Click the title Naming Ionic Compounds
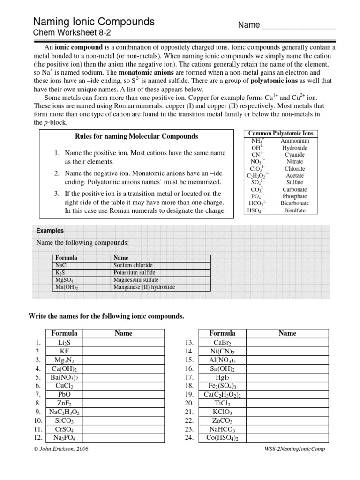pyautogui.click(x=93, y=22)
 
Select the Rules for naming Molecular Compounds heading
pyautogui.click(x=136, y=136)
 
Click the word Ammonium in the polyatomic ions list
pyautogui.click(x=294, y=141)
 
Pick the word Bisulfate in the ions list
pyautogui.click(x=294, y=210)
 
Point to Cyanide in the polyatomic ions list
pyautogui.click(x=294, y=155)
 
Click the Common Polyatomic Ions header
pyautogui.click(x=281, y=133)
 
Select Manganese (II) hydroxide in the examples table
pyautogui.click(x=144, y=287)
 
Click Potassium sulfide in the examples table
pyautogui.click(x=134, y=272)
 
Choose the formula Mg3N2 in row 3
pyautogui.click(x=64, y=360)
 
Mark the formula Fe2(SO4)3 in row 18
pyautogui.click(x=222, y=385)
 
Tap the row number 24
pyautogui.click(x=189, y=438)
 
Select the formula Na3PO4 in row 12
pyautogui.click(x=64, y=438)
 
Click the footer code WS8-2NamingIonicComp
pyautogui.click(x=295, y=449)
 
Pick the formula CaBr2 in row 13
pyautogui.click(x=222, y=343)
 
